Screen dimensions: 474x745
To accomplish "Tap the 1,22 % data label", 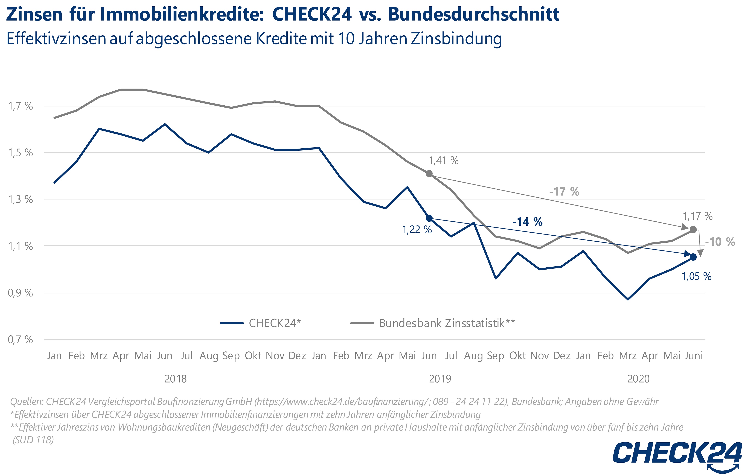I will [x=417, y=230].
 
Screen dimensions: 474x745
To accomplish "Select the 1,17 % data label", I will [x=697, y=216].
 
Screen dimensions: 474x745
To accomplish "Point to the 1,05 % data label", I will [x=696, y=276].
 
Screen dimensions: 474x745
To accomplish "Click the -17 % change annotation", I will [x=564, y=192].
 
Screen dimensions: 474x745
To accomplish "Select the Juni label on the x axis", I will [x=694, y=355].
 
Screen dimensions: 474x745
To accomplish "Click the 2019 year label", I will [x=440, y=379].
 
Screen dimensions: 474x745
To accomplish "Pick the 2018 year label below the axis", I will [x=175, y=379].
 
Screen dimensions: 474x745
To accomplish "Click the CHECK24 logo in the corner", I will [x=677, y=454].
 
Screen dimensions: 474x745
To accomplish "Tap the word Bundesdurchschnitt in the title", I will [x=474, y=14].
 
